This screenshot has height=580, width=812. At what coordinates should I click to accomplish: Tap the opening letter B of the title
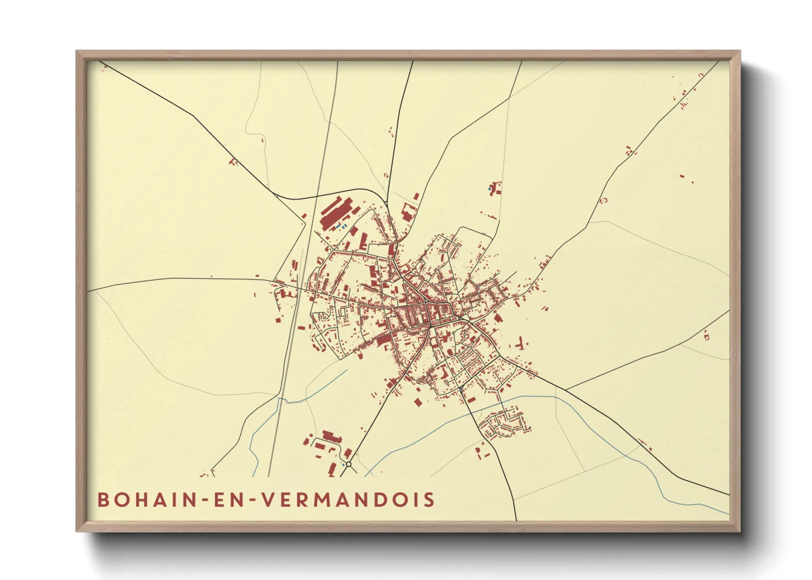103,500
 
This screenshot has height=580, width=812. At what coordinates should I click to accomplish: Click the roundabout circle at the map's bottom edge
348,464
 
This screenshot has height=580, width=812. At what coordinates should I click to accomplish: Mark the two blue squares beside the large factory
341,226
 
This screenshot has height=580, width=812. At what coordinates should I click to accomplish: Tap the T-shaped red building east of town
520,345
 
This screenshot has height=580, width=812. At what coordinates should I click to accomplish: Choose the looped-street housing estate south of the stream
502,424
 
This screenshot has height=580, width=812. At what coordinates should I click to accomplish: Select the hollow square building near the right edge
706,336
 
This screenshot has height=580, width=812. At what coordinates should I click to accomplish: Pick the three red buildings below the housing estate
481,452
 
